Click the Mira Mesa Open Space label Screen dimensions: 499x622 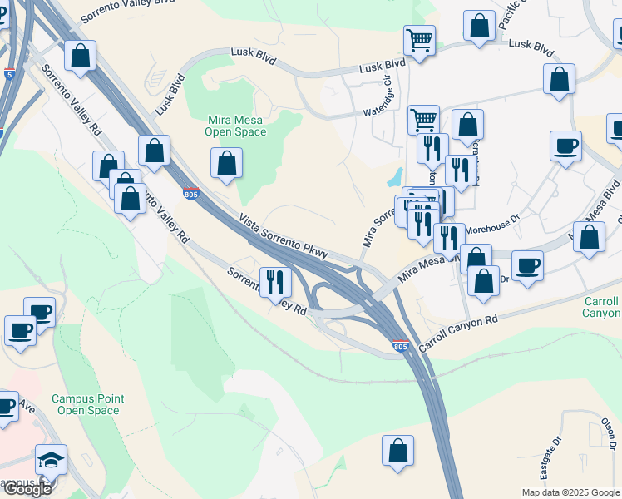tap(237, 125)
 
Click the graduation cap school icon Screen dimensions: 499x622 tap(51, 460)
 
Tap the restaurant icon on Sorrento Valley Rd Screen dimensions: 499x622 tap(274, 282)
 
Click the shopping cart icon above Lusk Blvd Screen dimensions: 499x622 tap(419, 39)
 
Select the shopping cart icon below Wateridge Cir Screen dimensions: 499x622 tap(424, 119)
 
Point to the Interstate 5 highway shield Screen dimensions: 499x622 tap(9, 74)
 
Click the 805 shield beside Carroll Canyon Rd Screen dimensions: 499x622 tap(401, 346)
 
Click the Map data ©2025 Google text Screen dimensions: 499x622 tap(570, 492)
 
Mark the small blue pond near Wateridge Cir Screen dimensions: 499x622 tap(394, 177)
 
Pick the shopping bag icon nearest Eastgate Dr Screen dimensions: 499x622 tap(398, 451)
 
